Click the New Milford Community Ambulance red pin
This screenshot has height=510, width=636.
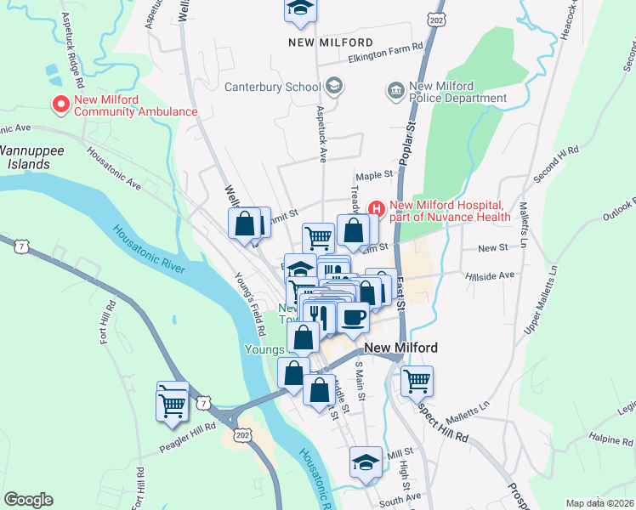pyautogui.click(x=61, y=105)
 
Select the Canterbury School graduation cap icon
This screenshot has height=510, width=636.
pyautogui.click(x=334, y=85)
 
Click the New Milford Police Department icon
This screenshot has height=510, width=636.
pyautogui.click(x=395, y=90)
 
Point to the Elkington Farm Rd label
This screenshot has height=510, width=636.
pyautogui.click(x=385, y=59)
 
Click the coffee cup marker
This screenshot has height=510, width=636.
pyautogui.click(x=353, y=317)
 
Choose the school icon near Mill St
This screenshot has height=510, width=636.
pyautogui.click(x=366, y=462)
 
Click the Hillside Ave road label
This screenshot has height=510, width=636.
pyautogui.click(x=491, y=275)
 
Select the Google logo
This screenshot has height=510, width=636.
pyautogui.click(x=28, y=500)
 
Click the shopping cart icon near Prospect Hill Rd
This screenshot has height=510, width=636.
pyautogui.click(x=417, y=382)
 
